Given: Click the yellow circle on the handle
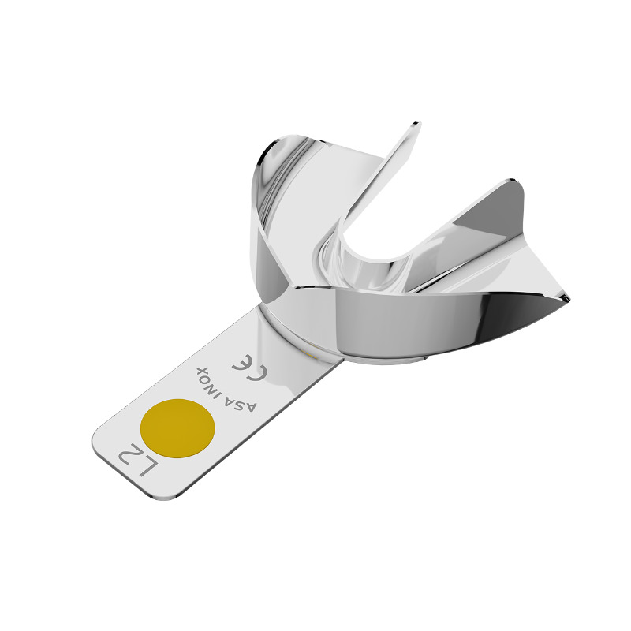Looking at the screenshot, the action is pos(177,428).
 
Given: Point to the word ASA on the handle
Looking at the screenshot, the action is pos(242,403).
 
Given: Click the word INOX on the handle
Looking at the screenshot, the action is pos(211,379).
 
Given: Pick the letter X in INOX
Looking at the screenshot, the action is pos(201,371).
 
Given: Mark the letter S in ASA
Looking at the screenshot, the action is pos(242,403).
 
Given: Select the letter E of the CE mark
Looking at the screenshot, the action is pos(242,364).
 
